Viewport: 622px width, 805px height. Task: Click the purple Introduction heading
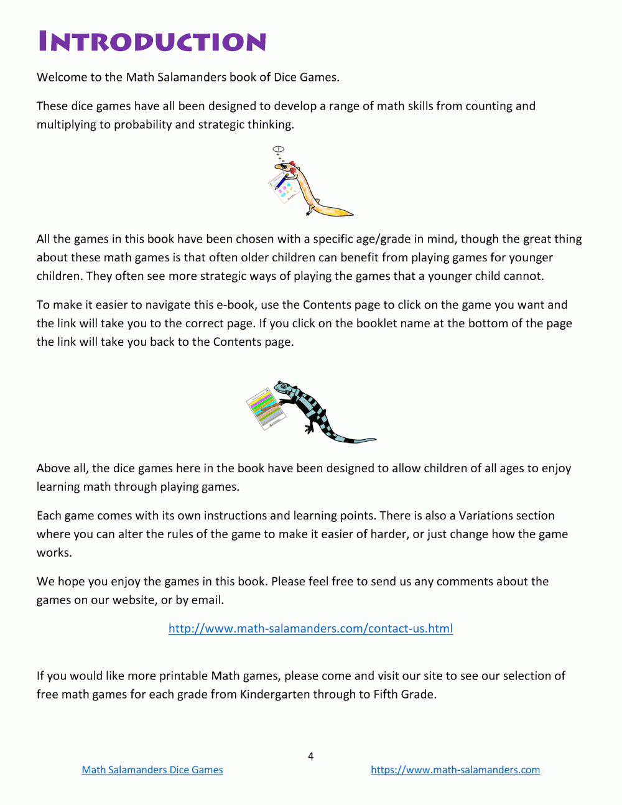click(x=152, y=42)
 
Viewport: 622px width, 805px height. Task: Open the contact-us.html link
click(x=310, y=628)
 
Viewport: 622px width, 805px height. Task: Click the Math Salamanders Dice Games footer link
click(x=152, y=770)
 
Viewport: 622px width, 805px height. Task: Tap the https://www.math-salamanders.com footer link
click(x=455, y=770)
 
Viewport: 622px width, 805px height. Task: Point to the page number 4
click(x=310, y=756)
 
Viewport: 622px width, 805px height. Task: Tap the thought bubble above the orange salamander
click(x=279, y=149)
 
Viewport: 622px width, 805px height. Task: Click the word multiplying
click(x=66, y=124)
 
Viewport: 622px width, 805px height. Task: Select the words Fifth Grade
click(x=404, y=694)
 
